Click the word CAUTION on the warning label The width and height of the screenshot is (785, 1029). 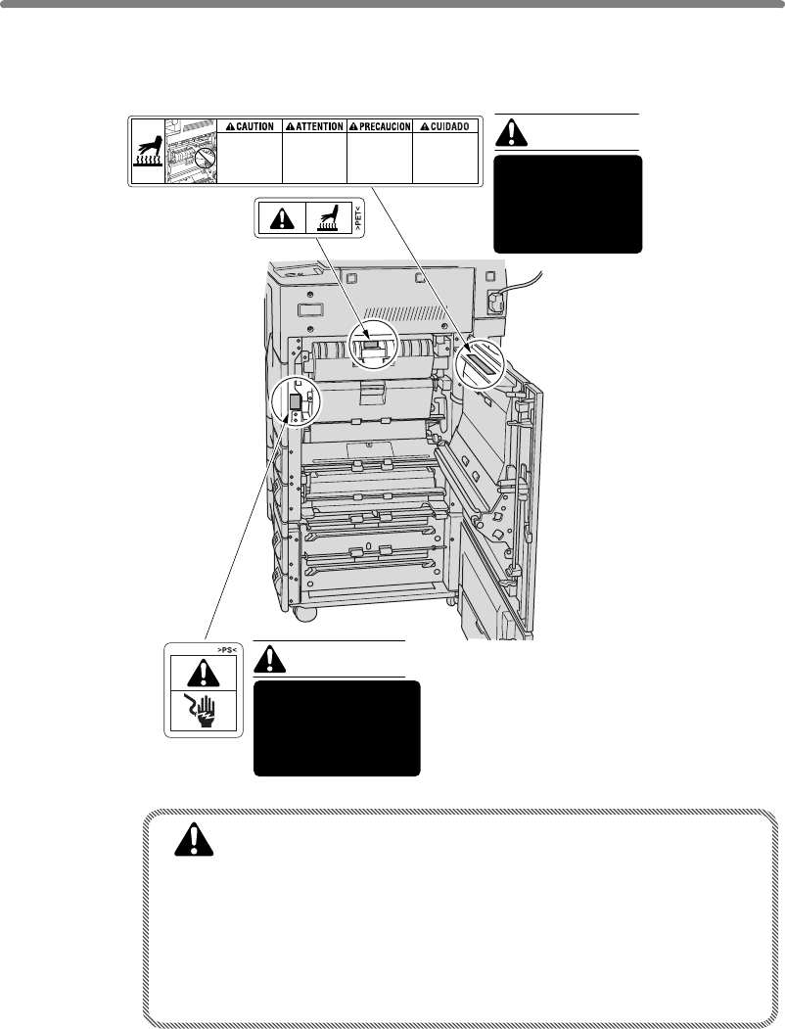(254, 127)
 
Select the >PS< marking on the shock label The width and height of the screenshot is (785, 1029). (203, 647)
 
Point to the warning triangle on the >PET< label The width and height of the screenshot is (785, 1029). (281, 218)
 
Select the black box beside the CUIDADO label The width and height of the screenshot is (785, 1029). (568, 204)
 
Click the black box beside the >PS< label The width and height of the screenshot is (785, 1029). (337, 727)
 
